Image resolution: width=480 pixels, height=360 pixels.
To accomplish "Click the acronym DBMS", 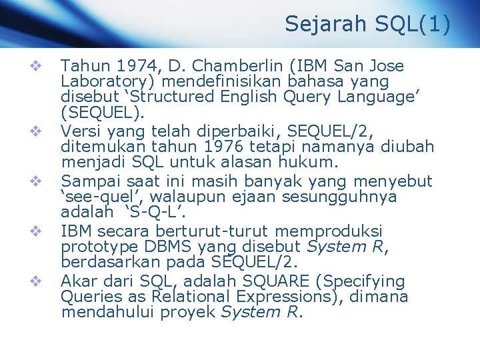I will click(163, 247).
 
